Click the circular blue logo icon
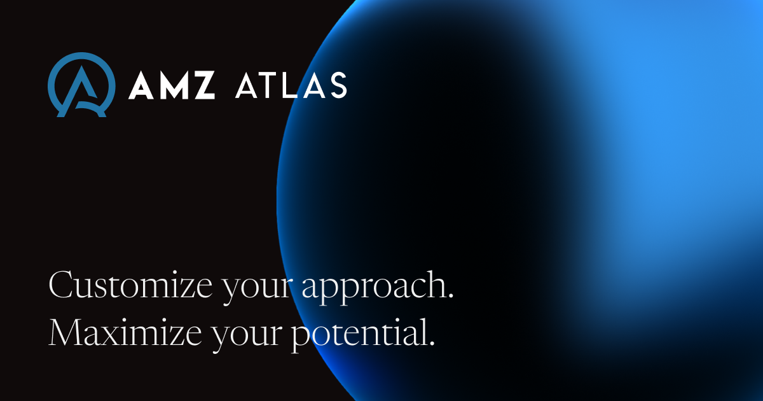(81, 85)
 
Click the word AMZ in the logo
(172, 85)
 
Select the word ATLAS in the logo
(291, 85)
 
